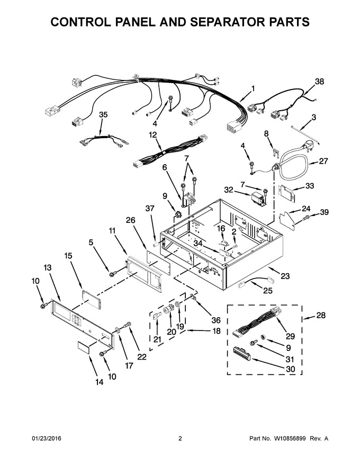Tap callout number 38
pyautogui.click(x=319, y=82)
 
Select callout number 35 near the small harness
pyautogui.click(x=103, y=115)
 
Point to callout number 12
pyautogui.click(x=152, y=135)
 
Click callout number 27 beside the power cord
pyautogui.click(x=323, y=161)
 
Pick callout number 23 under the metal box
pyautogui.click(x=285, y=276)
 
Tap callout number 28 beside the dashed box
pyautogui.click(x=321, y=315)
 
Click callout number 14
pyautogui.click(x=100, y=382)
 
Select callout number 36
pyautogui.click(x=216, y=320)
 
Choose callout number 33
pyautogui.click(x=310, y=186)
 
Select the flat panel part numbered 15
pyautogui.click(x=92, y=300)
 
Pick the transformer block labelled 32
pyautogui.click(x=258, y=198)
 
